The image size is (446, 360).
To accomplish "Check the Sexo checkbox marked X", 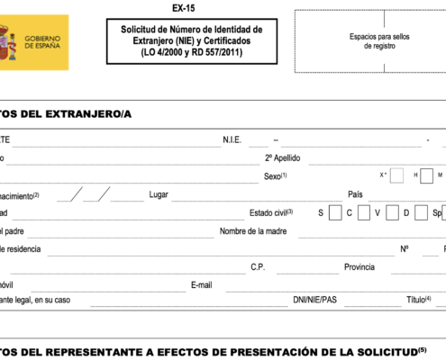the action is [x=396, y=175].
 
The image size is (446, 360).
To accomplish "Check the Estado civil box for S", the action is [x=335, y=213].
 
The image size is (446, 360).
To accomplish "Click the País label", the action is [x=355, y=194].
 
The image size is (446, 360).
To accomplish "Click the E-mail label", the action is [x=201, y=285].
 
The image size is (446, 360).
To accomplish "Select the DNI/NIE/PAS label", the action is [x=314, y=300].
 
